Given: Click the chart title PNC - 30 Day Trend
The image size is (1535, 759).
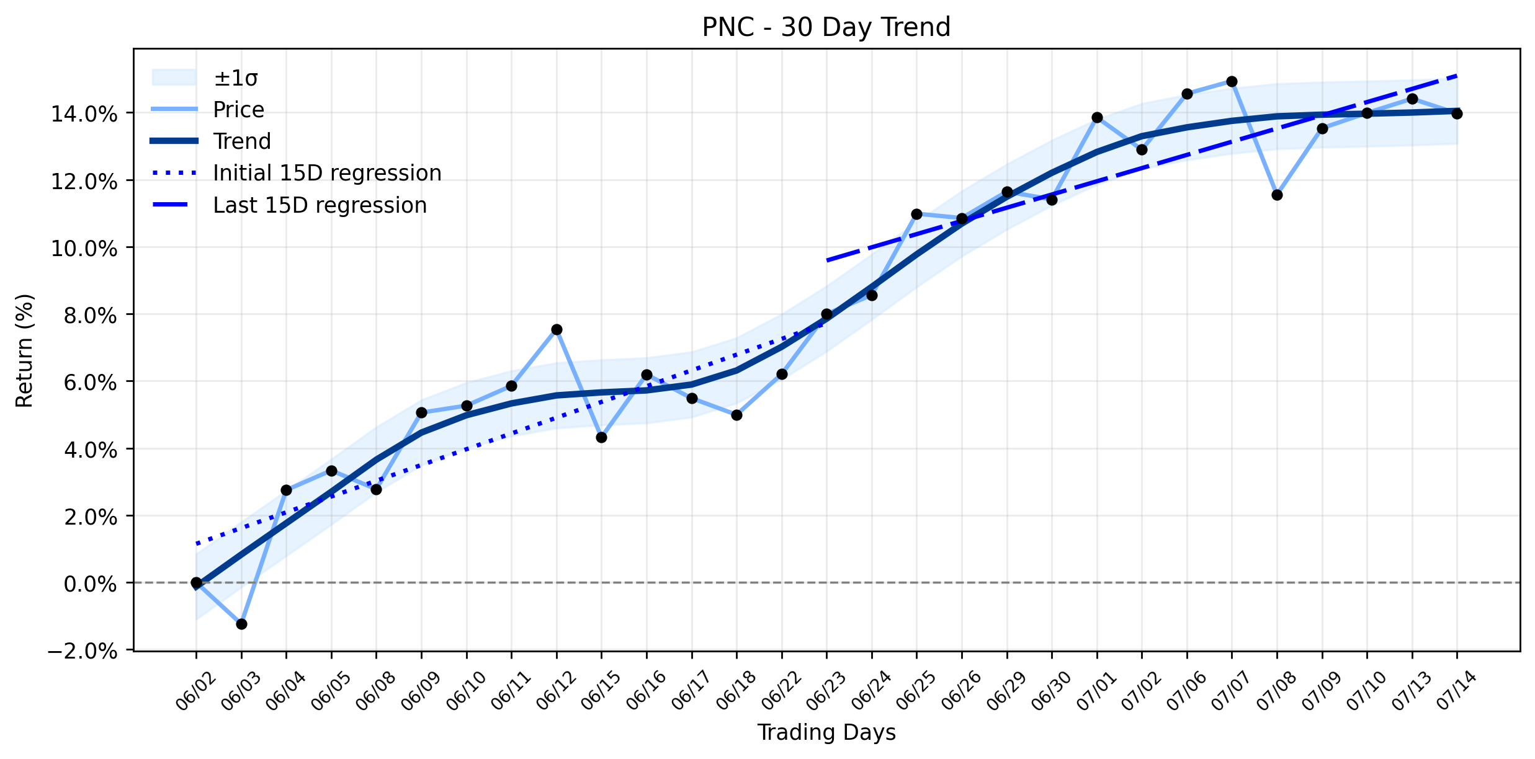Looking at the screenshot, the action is (826, 27).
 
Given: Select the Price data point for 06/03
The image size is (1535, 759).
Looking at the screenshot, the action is (241, 624).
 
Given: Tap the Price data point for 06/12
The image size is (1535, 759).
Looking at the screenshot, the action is (557, 329).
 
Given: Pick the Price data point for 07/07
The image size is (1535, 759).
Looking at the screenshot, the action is (1232, 81).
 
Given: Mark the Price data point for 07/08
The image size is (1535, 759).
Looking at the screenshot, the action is (1277, 195).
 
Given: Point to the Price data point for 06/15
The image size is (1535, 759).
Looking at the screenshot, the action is (601, 437).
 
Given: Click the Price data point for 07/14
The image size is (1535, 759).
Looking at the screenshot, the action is (1457, 113).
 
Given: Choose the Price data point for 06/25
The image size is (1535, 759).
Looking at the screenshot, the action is (916, 214).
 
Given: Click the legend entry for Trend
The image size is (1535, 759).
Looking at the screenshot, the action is (211, 141).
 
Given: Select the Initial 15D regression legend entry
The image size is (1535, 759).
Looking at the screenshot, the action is (296, 173).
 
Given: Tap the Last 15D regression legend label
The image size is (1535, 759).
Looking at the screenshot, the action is (320, 205).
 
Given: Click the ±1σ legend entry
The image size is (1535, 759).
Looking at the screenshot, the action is (205, 78).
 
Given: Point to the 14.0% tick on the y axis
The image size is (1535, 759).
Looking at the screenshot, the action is (84, 114).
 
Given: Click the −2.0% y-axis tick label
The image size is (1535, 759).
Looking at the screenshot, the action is (83, 651).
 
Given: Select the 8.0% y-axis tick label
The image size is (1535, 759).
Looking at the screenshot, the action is (89, 316).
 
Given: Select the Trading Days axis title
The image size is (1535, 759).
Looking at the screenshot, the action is (826, 733).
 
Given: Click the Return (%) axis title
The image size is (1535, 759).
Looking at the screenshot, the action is (25, 350).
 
